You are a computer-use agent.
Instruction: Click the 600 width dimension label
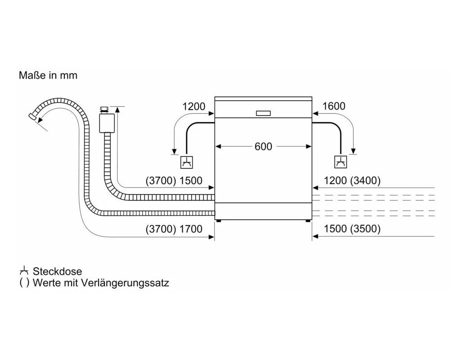(263, 146)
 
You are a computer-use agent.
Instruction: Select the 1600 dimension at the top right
(334, 106)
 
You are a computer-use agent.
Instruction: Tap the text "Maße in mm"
(48, 75)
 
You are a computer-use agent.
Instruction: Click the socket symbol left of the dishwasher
(187, 162)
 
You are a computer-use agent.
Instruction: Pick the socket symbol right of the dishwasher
(341, 162)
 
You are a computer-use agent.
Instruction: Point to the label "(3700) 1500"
(174, 180)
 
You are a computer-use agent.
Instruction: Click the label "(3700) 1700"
(174, 229)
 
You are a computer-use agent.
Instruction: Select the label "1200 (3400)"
(352, 180)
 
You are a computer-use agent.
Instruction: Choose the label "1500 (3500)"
(352, 229)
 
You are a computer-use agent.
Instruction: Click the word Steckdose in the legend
(58, 271)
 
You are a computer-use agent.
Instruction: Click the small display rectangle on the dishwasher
(263, 113)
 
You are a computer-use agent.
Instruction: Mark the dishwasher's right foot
(308, 221)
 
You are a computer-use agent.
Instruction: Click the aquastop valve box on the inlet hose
(107, 123)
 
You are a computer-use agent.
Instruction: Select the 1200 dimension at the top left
(194, 107)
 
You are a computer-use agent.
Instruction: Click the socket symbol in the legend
(24, 270)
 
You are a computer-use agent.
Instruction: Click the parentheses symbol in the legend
(24, 283)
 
